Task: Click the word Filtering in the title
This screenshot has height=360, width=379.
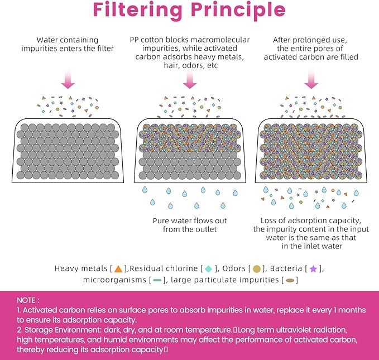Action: [137, 11]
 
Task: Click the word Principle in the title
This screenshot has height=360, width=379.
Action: [238, 11]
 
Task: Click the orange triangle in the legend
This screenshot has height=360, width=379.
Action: [118, 268]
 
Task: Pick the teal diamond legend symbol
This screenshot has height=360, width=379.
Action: [208, 268]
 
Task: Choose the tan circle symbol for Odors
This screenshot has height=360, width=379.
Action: [256, 268]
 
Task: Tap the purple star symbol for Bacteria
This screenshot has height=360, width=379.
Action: [313, 268]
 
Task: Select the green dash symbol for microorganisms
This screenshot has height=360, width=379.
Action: [157, 280]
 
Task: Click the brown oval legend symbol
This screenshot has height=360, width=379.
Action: [290, 280]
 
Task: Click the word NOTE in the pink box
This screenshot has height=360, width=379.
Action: [26, 300]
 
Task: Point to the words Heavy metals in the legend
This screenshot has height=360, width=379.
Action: [81, 268]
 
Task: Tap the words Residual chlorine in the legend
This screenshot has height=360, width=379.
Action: [164, 268]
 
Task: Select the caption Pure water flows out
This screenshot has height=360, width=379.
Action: [190, 220]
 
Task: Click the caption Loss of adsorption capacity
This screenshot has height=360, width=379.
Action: [311, 220]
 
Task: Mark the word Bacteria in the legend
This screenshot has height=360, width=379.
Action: [286, 268]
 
